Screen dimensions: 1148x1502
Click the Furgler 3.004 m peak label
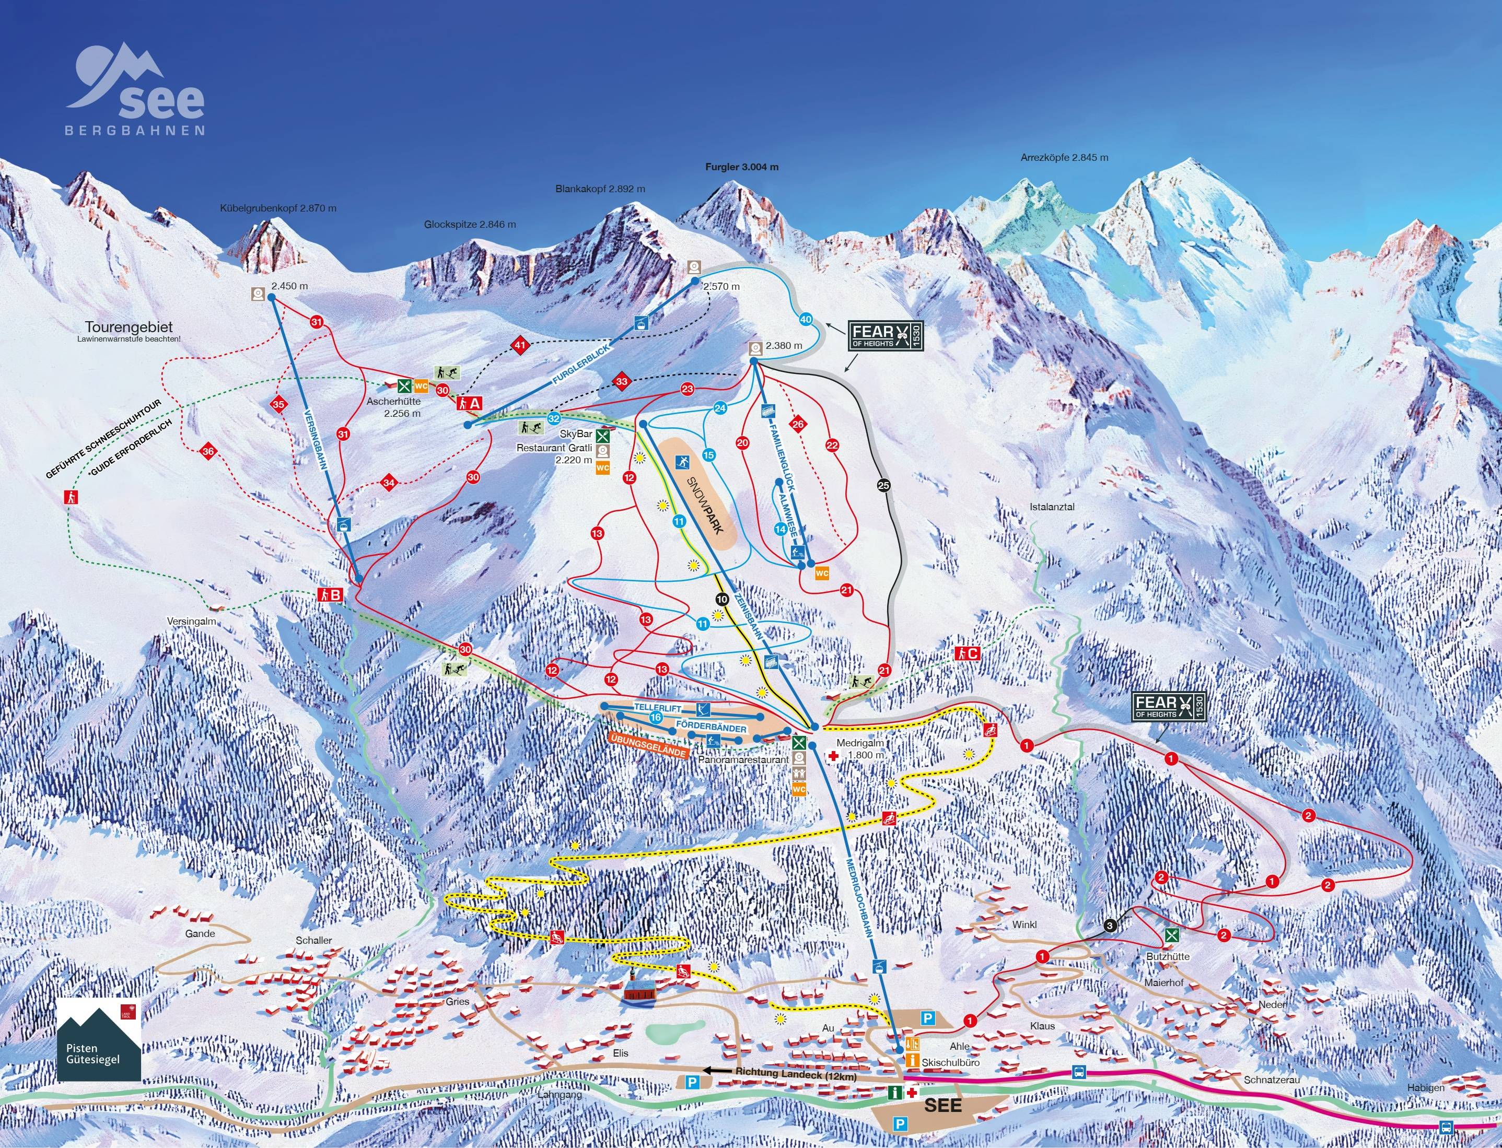point(741,167)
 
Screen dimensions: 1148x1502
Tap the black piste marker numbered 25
point(883,485)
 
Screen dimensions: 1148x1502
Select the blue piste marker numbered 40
point(806,319)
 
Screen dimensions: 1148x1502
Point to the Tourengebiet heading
point(129,327)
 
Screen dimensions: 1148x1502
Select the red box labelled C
point(967,653)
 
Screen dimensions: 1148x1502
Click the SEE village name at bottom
point(942,1105)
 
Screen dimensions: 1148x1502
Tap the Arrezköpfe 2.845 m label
point(1064,157)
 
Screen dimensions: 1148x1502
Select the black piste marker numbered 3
point(1110,925)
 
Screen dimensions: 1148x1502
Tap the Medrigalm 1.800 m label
point(859,749)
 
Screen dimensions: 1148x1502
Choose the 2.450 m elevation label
point(289,286)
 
